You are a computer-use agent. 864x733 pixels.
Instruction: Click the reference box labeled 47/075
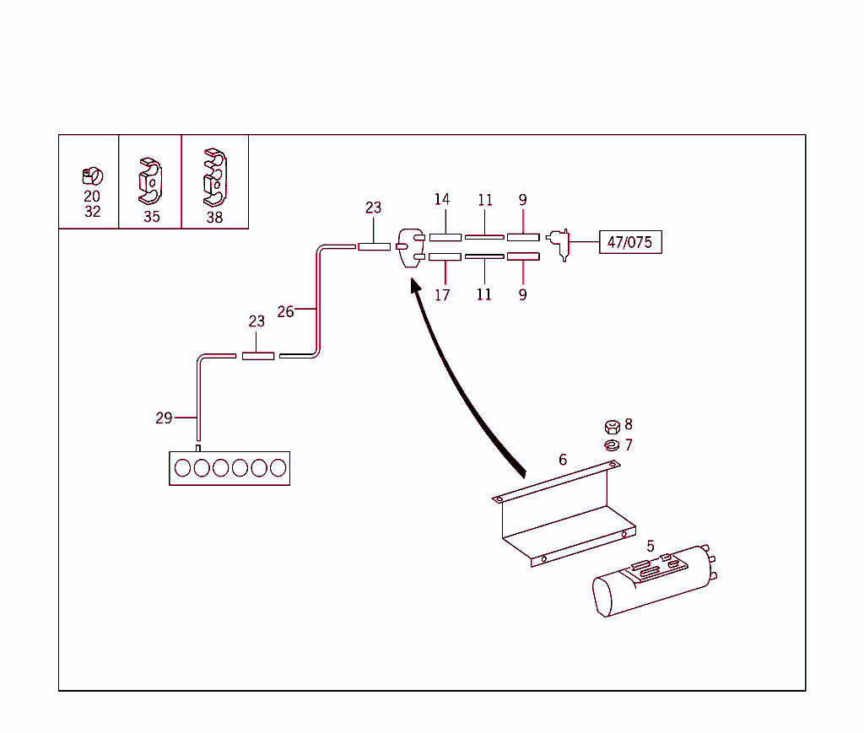630,243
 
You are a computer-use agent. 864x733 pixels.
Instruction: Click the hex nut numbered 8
613,427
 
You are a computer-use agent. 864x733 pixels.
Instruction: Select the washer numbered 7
613,445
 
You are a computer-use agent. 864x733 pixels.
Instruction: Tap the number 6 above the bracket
563,460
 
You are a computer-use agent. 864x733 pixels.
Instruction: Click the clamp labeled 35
150,182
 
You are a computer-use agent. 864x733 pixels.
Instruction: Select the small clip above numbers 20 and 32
91,176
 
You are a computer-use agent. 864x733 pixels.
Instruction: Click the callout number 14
442,200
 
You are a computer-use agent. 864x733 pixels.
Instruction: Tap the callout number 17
442,295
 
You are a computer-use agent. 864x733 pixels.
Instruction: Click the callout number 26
285,311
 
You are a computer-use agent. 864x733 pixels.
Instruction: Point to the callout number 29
164,418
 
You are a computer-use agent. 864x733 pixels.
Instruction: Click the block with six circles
229,468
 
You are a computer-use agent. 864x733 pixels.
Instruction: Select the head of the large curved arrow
415,286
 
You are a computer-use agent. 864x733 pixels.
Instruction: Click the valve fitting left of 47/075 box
559,244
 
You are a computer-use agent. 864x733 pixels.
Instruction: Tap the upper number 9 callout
522,200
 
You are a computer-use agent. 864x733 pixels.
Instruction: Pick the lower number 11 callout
483,295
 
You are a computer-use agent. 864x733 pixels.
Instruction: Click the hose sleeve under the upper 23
374,246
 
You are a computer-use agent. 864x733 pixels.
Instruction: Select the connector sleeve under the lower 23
257,356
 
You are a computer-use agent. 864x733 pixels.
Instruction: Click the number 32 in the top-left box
92,212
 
